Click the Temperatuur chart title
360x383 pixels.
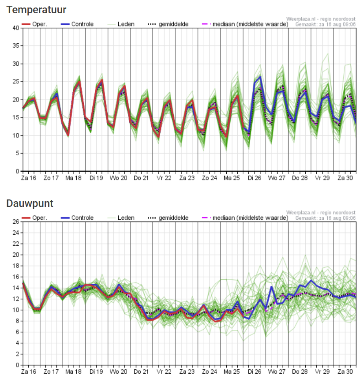point(37,10)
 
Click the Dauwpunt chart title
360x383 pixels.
point(30,203)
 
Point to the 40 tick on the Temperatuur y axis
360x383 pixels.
point(15,28)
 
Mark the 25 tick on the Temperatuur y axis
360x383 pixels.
point(15,82)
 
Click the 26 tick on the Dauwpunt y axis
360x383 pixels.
point(15,222)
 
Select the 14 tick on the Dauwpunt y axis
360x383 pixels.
point(15,288)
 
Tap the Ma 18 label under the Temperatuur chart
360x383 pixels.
point(73,178)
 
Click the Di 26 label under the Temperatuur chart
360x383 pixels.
point(255,178)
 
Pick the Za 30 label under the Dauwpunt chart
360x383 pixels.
point(345,372)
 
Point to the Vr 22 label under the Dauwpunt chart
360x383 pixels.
point(164,372)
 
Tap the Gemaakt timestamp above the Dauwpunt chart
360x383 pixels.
point(325,218)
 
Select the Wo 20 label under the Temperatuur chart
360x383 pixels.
point(119,178)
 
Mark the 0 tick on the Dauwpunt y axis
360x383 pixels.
point(17,365)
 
